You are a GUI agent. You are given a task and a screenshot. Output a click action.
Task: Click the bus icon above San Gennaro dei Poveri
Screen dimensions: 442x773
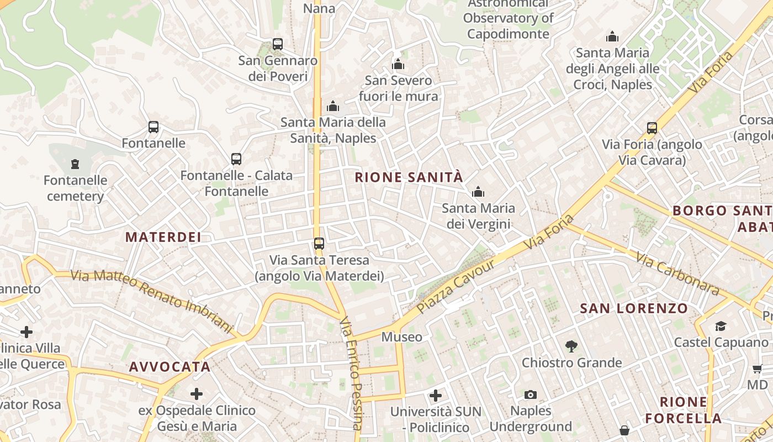(278, 44)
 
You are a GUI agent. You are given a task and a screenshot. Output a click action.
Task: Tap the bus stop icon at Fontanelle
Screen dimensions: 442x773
(153, 127)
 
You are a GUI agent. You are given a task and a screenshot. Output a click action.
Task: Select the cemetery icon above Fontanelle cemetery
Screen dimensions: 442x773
(75, 164)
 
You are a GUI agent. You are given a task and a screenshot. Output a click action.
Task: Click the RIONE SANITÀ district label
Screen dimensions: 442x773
(409, 177)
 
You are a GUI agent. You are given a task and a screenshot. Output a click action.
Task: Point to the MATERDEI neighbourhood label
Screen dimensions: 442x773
(163, 238)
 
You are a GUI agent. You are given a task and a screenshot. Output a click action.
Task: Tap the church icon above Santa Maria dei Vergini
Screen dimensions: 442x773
(478, 192)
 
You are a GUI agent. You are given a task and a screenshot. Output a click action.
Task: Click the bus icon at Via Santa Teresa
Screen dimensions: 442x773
(319, 243)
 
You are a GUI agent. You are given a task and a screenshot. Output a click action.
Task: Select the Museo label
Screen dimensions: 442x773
(401, 337)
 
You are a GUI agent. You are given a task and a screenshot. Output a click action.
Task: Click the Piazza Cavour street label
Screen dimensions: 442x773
(456, 286)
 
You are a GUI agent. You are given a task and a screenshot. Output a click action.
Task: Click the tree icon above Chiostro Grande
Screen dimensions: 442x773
(571, 346)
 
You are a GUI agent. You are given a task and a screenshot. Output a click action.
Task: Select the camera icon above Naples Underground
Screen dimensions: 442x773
(531, 394)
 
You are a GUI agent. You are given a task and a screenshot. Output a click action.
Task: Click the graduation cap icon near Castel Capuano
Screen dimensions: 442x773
(721, 326)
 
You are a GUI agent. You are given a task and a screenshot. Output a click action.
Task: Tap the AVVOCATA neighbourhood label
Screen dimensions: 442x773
(170, 367)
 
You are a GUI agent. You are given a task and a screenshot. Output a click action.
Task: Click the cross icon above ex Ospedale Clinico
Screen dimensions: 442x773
(197, 394)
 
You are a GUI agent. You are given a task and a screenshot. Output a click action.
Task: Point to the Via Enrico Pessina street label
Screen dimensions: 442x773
(352, 373)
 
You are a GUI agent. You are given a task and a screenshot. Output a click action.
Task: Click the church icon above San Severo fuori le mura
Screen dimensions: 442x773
(398, 65)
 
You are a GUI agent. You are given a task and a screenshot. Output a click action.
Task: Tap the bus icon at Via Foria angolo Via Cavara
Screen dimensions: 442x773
(652, 128)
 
